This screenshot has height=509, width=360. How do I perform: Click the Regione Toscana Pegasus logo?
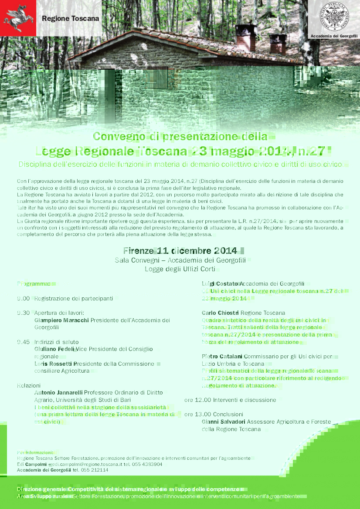tap(18, 18)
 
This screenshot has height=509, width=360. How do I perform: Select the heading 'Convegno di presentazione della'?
tap(180, 136)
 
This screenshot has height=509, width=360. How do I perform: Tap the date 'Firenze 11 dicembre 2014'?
tap(180, 251)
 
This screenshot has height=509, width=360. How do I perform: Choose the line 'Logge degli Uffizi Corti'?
tap(180, 269)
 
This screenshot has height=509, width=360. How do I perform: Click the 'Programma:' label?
tap(34, 284)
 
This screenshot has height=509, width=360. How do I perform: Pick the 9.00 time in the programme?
tap(24, 299)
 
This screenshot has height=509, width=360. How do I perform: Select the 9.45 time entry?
tap(24, 342)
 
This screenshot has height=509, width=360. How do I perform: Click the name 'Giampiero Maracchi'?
tap(61, 320)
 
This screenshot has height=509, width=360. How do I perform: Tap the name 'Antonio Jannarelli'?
tap(58, 393)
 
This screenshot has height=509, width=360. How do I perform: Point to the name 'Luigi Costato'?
tap(220, 284)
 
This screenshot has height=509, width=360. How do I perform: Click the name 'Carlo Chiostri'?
tap(220, 313)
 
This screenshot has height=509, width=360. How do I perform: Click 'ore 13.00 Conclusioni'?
tap(214, 415)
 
